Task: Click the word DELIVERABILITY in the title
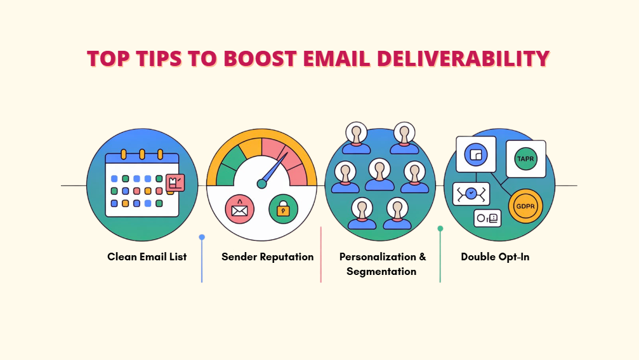463,58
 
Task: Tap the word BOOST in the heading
260,58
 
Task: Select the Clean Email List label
147,257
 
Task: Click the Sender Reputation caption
267,257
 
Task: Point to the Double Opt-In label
495,257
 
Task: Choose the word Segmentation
381,272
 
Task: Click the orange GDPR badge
525,206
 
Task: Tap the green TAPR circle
525,159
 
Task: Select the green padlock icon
283,209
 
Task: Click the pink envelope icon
240,209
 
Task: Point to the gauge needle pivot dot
261,184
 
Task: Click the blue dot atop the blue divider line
202,237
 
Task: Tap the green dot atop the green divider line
440,229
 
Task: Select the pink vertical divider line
320,255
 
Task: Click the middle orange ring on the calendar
142,154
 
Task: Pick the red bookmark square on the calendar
175,183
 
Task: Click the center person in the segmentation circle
379,175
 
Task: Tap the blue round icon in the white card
475,154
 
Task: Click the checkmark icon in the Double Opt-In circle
471,194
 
